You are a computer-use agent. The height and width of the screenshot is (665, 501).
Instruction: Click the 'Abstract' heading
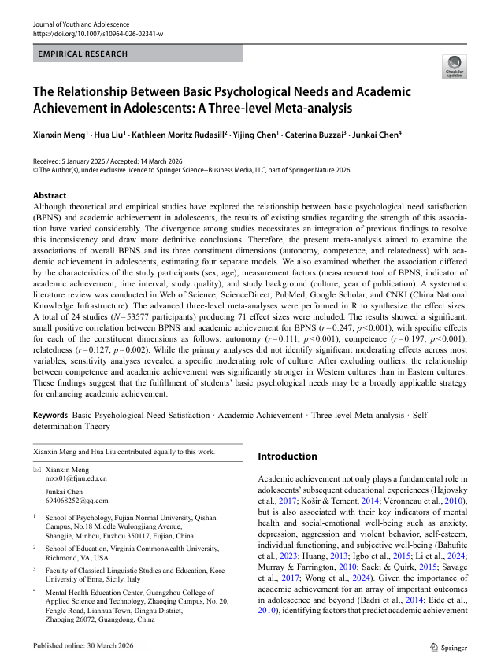(50, 194)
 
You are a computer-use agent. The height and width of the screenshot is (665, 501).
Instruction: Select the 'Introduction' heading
(288, 456)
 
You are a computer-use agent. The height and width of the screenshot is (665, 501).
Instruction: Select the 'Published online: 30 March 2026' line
(83, 647)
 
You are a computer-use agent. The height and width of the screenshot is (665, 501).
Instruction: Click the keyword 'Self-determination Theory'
(71, 426)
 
